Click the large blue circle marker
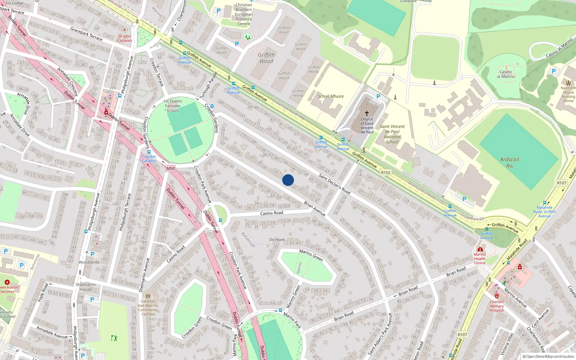(288, 180)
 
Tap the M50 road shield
(171, 168)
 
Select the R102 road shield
(386, 172)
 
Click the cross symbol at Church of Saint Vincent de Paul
(367, 113)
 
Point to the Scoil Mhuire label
(330, 96)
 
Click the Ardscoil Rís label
(509, 162)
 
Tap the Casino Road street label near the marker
(271, 213)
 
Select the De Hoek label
(277, 239)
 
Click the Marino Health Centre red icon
(480, 249)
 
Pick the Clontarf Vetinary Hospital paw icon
(497, 296)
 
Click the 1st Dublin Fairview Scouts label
(172, 106)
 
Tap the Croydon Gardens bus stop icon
(149, 152)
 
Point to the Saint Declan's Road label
(334, 184)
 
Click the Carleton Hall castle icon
(148, 296)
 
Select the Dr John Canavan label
(125, 38)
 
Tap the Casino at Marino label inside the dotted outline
(506, 74)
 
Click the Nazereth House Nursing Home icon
(568, 83)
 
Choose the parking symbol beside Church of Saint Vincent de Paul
(378, 96)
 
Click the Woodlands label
(89, 262)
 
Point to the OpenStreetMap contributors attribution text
(548, 356)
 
